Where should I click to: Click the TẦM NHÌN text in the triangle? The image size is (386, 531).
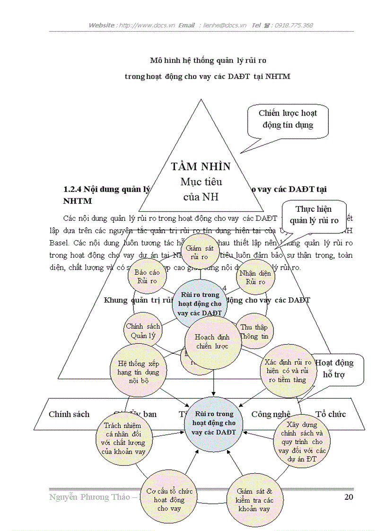click(201, 166)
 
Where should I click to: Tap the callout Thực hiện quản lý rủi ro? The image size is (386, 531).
click(314, 215)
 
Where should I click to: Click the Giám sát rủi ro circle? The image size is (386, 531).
click(200, 253)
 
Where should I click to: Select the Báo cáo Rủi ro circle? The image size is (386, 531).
click(147, 277)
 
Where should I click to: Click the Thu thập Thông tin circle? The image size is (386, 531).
click(254, 332)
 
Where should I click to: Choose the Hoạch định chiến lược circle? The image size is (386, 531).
click(212, 342)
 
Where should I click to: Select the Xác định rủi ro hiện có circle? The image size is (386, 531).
click(288, 370)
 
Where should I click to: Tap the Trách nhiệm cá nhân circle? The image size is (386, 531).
click(123, 438)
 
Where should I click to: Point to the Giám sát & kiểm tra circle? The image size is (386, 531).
click(254, 500)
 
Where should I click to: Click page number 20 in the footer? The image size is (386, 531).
click(348, 497)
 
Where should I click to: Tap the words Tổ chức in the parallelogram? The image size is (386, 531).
click(331, 414)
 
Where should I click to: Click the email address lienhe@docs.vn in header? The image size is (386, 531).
click(224, 26)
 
